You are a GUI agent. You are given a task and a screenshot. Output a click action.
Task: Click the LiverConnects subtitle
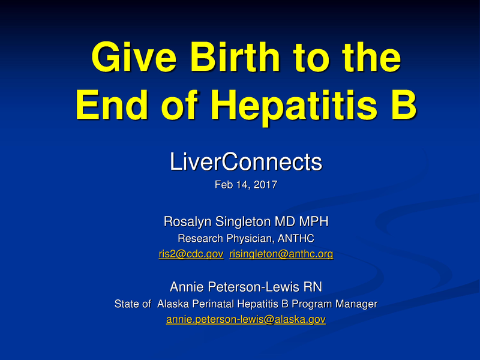246,161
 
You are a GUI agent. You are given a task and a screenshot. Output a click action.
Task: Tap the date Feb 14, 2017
246,185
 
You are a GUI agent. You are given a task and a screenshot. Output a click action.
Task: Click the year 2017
264,185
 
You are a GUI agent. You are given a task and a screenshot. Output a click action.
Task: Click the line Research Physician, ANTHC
246,239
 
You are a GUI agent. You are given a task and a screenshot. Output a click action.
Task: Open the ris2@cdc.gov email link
191,255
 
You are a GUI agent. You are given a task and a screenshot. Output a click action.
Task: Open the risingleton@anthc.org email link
281,255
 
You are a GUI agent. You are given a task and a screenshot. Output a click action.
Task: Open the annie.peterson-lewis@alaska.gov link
246,320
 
